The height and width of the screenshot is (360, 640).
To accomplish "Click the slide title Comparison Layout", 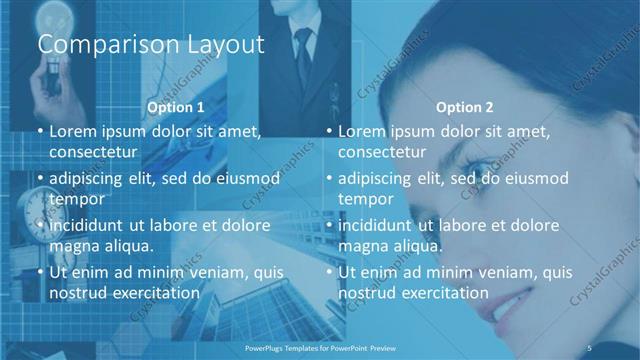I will tap(150, 45).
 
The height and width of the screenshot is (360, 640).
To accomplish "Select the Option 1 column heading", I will tap(176, 107).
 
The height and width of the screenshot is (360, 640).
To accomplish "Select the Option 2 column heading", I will tap(465, 107).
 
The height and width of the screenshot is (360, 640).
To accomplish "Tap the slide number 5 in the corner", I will tap(618, 348).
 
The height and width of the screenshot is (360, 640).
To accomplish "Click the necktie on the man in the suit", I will tap(303, 45).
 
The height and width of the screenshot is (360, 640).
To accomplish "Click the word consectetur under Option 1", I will tap(93, 152).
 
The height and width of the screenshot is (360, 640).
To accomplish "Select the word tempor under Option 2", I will tap(366, 198).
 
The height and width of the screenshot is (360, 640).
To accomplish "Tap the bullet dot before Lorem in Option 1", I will tap(39, 131).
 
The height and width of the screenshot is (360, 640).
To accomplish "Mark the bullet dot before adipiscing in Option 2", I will tap(329, 178).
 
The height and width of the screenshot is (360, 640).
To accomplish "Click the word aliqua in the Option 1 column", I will tap(126, 246).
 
